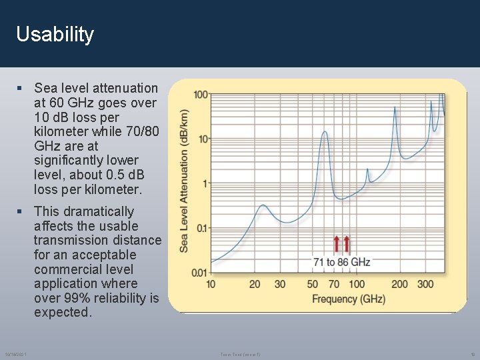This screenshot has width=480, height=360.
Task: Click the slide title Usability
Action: click(x=55, y=35)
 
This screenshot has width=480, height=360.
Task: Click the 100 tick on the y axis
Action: click(x=201, y=95)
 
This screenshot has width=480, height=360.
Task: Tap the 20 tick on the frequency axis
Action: click(x=255, y=285)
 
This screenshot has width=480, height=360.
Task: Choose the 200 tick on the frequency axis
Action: click(x=399, y=285)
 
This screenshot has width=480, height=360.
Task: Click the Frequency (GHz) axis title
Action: click(x=348, y=299)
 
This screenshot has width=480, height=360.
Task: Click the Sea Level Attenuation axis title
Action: click(x=184, y=181)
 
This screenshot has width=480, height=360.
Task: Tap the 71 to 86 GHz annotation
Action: click(x=341, y=262)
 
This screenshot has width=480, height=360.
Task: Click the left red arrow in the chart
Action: click(x=337, y=244)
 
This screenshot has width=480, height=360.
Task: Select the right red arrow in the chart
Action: click(x=347, y=244)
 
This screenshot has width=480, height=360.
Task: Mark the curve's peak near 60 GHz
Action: click(x=325, y=132)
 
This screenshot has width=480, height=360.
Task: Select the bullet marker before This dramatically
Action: click(x=21, y=212)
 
